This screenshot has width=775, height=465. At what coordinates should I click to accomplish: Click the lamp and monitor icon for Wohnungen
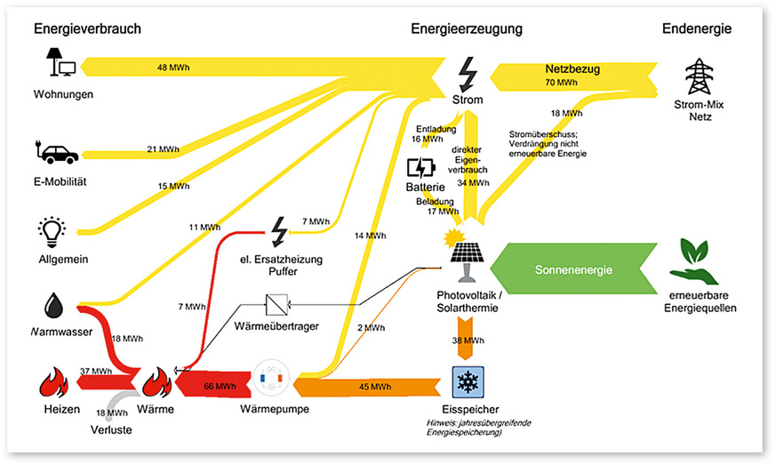pos(62,64)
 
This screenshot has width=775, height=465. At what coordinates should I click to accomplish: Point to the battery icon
pos(420,169)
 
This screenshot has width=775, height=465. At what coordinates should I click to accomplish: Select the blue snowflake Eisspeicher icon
pos(467,384)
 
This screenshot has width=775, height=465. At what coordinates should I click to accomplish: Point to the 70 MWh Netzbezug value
pos(561,83)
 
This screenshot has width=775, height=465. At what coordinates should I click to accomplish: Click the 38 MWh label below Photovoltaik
pos(467,341)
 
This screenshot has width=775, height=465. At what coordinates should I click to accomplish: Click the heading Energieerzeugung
pos(467,29)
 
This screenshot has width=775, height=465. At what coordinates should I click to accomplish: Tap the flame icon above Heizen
pos(54,383)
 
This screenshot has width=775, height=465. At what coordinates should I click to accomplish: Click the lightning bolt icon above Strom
pos(467,71)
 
